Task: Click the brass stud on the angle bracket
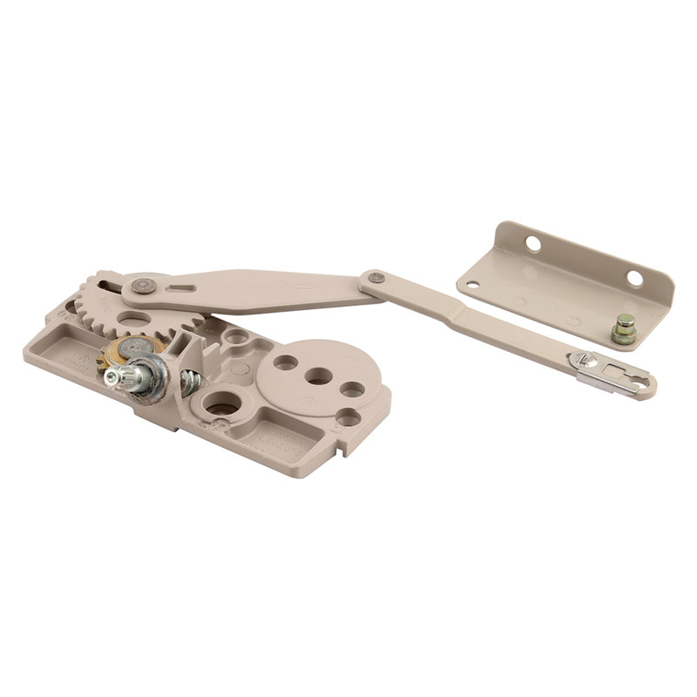pos(623,328)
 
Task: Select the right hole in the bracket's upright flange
pos(634,278)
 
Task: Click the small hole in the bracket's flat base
pos(471,284)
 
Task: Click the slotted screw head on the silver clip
pos(581,361)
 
